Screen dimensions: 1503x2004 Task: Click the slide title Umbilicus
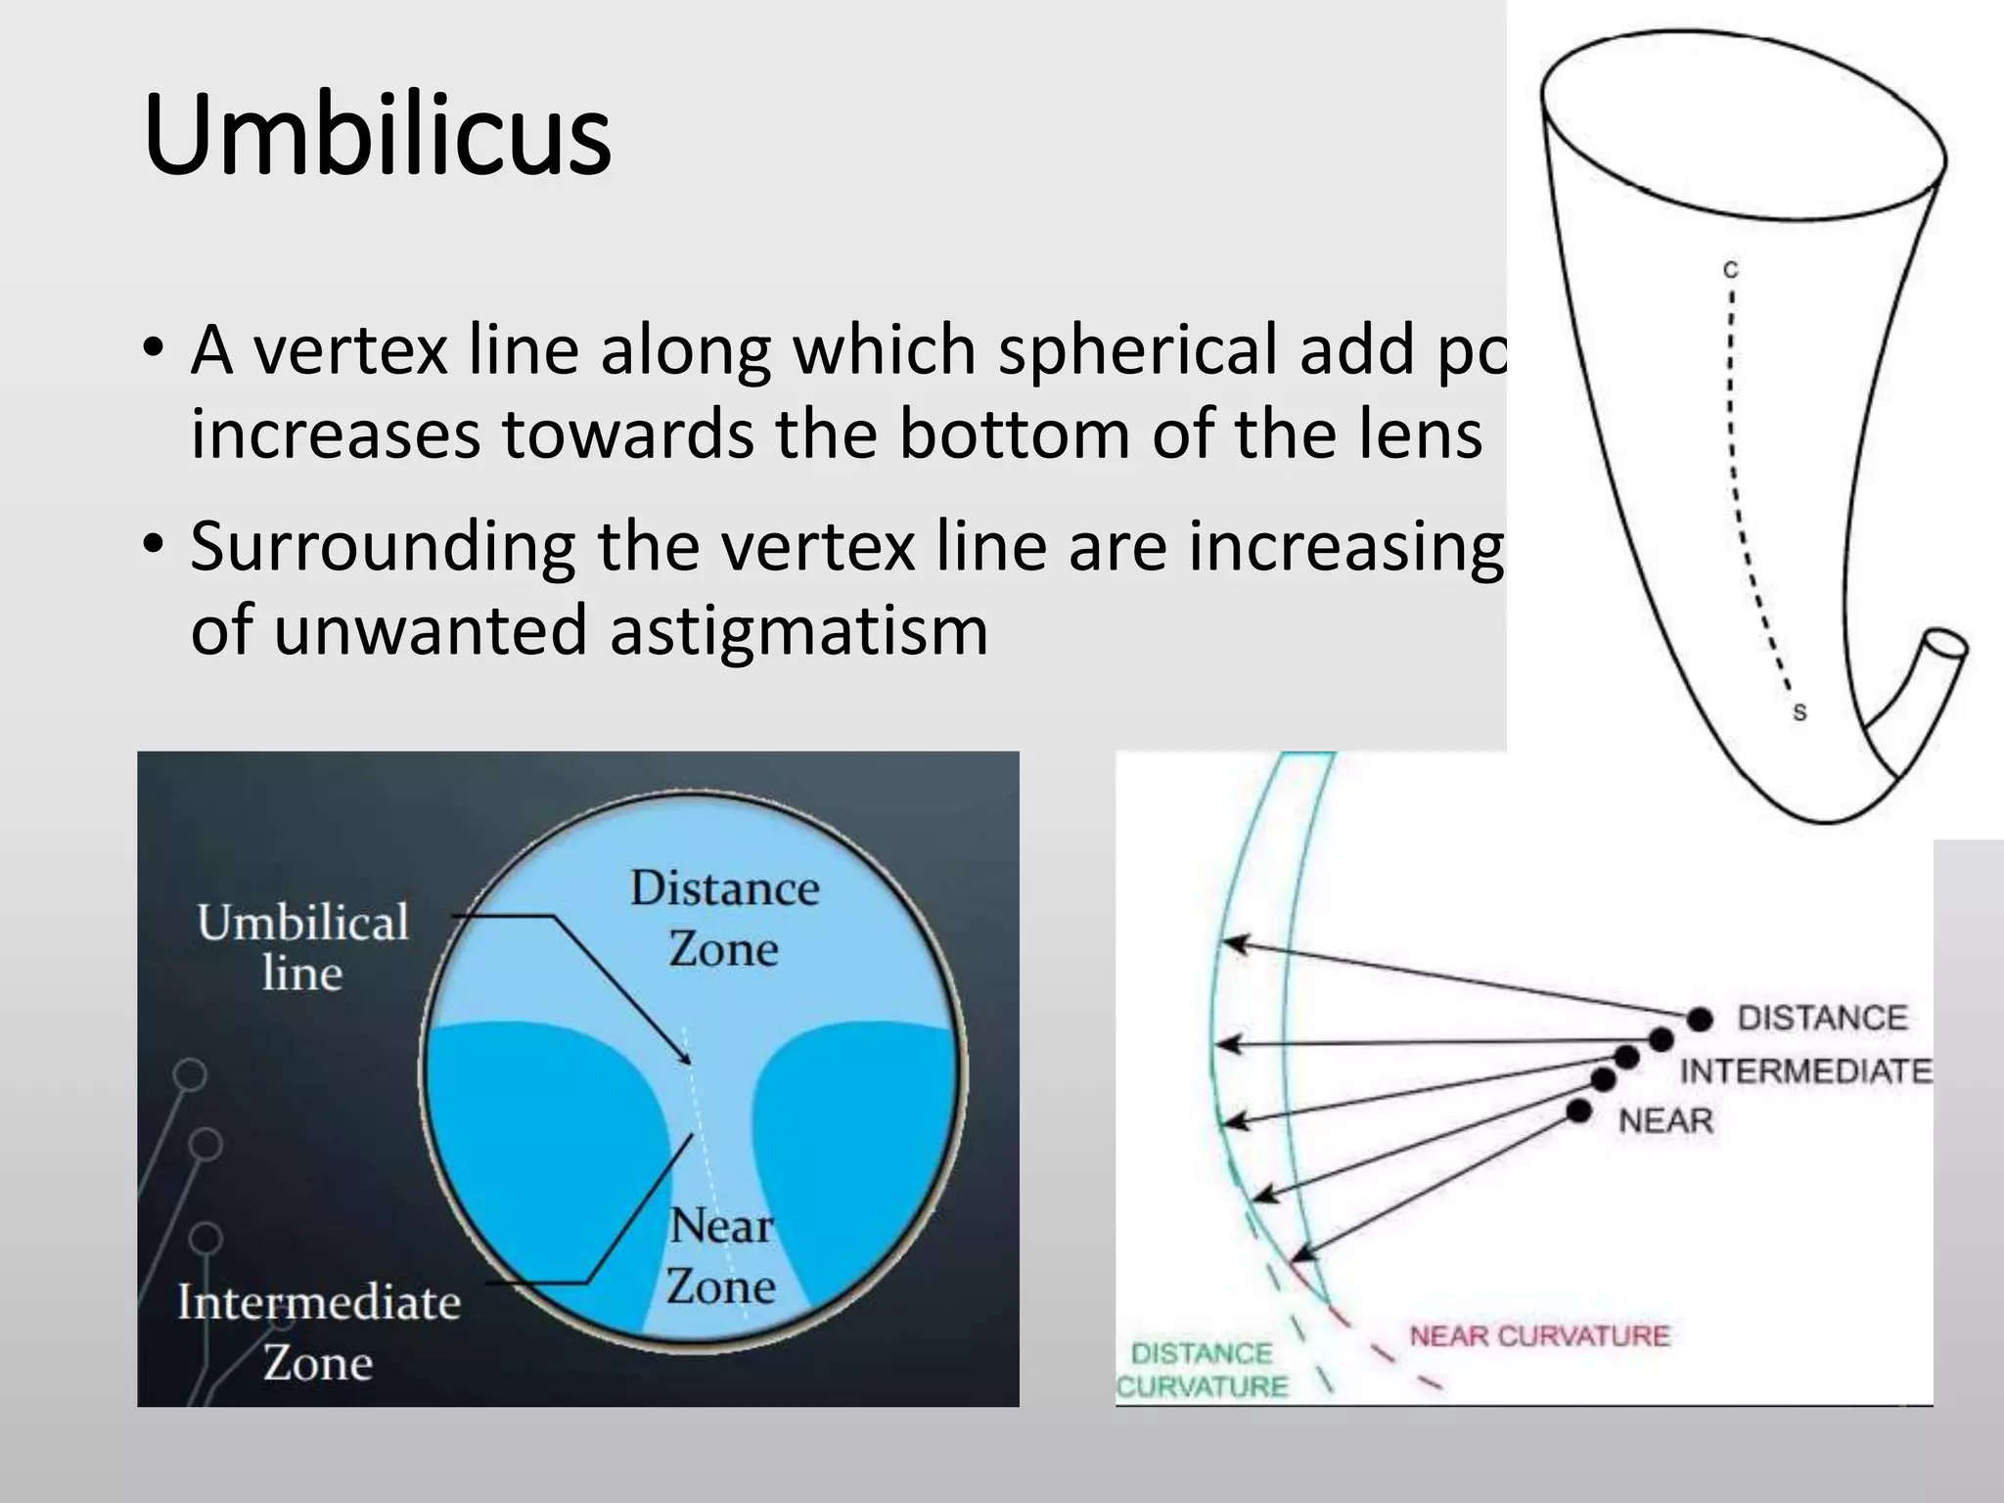click(377, 134)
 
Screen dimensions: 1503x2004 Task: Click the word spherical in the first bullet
click(1135, 349)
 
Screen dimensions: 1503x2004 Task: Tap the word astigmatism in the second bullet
click(798, 630)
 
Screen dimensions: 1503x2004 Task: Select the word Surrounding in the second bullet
click(383, 547)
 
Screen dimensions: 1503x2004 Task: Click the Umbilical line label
click(302, 947)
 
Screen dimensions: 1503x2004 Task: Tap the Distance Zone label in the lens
click(724, 918)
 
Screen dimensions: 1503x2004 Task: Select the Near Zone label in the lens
click(722, 1255)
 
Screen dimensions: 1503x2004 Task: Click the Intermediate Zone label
click(319, 1332)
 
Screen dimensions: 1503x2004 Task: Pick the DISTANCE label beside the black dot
click(1822, 1018)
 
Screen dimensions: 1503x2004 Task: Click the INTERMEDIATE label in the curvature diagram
click(1806, 1071)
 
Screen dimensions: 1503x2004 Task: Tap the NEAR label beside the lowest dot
click(1665, 1120)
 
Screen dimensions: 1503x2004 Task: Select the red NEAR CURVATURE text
click(1539, 1336)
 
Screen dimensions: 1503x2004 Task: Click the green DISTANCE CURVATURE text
click(1203, 1370)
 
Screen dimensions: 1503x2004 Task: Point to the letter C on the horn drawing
click(1730, 269)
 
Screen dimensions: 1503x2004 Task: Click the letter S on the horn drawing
click(1799, 713)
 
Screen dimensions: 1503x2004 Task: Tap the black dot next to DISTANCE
click(1701, 1019)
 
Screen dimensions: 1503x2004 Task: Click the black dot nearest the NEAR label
click(1579, 1112)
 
